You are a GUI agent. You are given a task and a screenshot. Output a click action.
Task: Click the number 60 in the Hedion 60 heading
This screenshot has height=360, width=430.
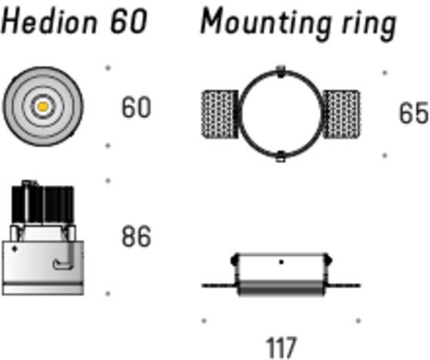(128, 21)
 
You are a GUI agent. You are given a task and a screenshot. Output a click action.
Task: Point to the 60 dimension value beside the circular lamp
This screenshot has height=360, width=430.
(137, 107)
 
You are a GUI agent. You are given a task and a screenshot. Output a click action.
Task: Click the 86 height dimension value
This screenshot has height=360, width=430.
(137, 236)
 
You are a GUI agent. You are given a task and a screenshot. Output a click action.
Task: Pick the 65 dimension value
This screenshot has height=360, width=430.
(413, 112)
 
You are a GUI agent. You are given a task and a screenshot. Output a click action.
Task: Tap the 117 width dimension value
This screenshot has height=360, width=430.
(281, 347)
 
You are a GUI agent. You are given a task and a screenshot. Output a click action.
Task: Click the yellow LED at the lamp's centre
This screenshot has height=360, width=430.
(43, 106)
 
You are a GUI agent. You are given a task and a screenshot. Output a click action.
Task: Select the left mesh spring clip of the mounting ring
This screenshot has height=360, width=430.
(220, 114)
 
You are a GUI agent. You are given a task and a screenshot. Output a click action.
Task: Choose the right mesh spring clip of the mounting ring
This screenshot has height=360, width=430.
(342, 114)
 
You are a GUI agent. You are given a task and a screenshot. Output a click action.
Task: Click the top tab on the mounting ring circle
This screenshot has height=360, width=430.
(281, 72)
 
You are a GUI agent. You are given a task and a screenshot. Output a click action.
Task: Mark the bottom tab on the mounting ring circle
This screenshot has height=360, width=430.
(281, 157)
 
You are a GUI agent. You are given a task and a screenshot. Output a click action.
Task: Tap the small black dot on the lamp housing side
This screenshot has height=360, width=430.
(14, 249)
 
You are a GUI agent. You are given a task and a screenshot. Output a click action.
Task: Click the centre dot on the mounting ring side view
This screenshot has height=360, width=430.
(281, 263)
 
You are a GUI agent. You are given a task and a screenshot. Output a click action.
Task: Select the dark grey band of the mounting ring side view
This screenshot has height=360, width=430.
(281, 288)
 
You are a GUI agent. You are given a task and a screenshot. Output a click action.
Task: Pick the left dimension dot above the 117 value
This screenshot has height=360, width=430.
(204, 321)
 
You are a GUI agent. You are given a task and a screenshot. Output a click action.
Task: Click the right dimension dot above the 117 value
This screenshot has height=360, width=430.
(358, 321)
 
